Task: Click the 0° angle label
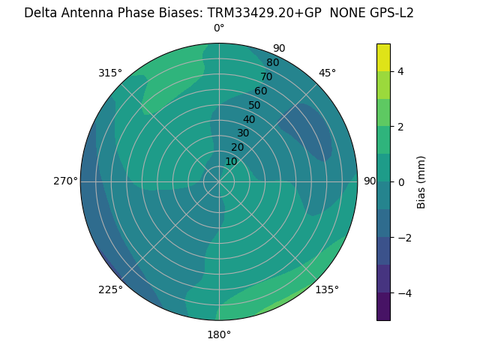tap(219, 28)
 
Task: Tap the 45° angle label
tap(327, 73)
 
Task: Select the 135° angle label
tap(327, 289)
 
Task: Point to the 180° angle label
tap(219, 334)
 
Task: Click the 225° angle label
tap(110, 289)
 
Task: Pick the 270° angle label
tap(65, 181)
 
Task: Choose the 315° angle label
tap(110, 73)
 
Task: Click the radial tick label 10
tap(231, 161)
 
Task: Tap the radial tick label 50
tap(254, 106)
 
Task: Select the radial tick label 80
tap(272, 62)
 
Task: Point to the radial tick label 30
tap(243, 133)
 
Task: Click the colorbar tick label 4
tap(400, 71)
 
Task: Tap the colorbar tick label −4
tap(404, 292)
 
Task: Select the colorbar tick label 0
tap(400, 181)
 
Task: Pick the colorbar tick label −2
tap(404, 237)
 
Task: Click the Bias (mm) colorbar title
tap(421, 181)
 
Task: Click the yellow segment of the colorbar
tap(383, 57)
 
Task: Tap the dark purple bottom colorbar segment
tap(383, 306)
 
